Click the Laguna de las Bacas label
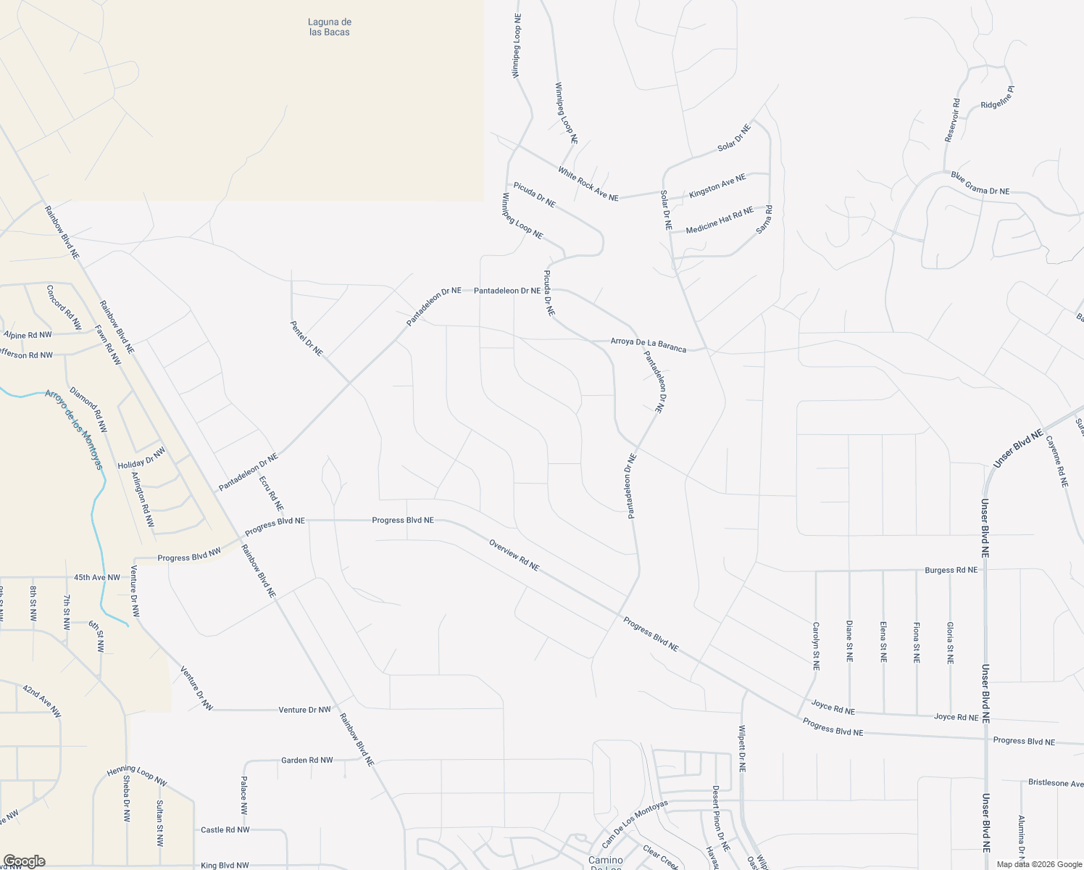329,27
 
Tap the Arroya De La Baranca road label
648,344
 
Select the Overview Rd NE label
514,555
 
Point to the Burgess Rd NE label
951,570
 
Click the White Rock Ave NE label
588,183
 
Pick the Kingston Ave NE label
717,186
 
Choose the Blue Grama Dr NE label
980,183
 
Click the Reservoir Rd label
952,120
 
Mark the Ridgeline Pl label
997,98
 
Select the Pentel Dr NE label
306,338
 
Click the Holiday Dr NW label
141,457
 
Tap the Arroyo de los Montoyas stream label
74,428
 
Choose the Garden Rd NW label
307,761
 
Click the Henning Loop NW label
137,776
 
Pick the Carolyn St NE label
816,645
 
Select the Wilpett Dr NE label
742,748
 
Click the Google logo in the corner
23,861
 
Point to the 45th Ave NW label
96,578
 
